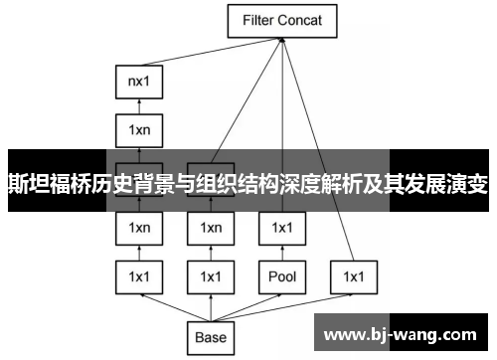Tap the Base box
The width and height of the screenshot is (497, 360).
211,337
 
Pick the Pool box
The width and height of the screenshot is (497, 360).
282,276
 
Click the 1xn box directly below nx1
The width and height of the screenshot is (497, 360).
139,129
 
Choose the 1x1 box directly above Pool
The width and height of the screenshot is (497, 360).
282,228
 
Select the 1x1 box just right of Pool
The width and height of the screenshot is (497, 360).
355,276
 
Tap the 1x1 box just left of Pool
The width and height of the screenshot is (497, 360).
211,276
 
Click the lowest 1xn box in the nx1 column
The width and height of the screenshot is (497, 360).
139,228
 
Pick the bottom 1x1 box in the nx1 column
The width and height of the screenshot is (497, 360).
139,276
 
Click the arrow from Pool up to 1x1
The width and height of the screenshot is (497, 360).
282,253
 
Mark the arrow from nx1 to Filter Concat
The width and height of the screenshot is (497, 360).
214,59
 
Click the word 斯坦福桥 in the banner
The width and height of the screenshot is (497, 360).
45,182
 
